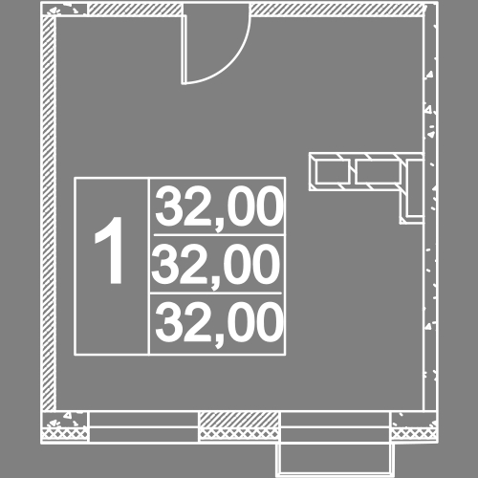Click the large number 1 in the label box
point(109,250)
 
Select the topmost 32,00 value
point(219,207)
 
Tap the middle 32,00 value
point(216,265)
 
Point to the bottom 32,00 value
point(219,323)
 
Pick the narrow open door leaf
point(184,50)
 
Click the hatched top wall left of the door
point(135,10)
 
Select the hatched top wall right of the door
point(337,10)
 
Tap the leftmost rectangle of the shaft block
point(332,172)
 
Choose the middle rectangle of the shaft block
point(378,172)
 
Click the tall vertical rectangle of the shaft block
point(415,188)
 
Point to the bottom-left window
point(143,427)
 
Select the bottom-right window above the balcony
point(336,427)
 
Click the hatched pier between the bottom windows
point(239,420)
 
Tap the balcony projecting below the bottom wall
point(336,459)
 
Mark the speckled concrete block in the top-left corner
point(66,10)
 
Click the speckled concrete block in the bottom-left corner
point(65,420)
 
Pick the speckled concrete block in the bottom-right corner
point(414,420)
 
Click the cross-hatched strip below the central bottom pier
point(239,434)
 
